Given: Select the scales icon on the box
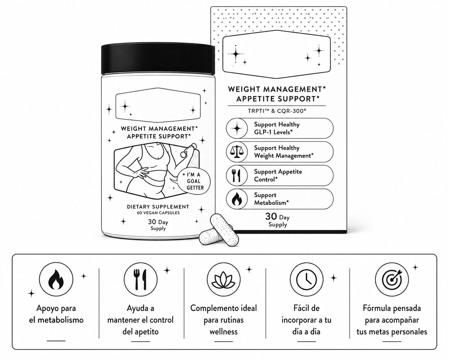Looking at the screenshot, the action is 237,152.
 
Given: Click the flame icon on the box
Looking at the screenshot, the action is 237,199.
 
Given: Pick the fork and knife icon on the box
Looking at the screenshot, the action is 237,175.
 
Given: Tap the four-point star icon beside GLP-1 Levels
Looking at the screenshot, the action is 237,128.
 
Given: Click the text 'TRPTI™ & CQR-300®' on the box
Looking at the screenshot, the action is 277,111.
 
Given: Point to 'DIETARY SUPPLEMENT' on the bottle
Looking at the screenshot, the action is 158,207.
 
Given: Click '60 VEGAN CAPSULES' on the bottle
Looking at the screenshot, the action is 158,213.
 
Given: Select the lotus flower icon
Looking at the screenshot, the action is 224,279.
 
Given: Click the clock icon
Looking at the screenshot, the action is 307,279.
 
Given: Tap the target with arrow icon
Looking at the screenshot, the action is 392,279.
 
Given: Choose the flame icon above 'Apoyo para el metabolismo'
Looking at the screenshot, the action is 56,279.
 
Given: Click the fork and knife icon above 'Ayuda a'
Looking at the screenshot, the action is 140,280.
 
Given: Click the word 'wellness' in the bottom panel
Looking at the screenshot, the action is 224,332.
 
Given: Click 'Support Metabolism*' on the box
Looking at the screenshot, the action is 271,199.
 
